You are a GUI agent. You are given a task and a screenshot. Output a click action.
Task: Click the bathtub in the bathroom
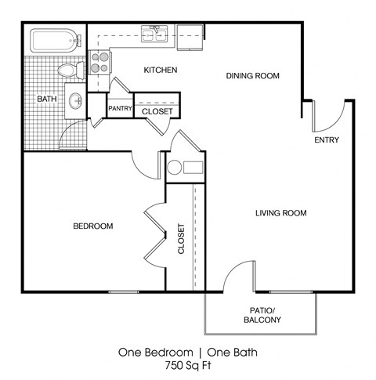54,40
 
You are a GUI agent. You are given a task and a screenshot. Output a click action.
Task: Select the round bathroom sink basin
76,101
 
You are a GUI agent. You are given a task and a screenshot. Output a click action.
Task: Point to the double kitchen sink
154,33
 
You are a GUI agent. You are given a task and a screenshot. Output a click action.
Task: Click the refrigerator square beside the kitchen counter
187,34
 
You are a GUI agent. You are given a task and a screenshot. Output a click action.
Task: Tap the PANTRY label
120,108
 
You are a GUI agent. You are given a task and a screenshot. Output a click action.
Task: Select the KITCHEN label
161,71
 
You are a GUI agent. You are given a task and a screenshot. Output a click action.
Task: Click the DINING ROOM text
253,75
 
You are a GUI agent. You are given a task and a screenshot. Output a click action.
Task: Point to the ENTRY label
326,141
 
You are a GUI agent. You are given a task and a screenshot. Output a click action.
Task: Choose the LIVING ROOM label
280,213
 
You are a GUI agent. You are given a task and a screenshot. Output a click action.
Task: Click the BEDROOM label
93,226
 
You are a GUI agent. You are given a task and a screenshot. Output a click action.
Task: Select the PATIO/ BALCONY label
260,315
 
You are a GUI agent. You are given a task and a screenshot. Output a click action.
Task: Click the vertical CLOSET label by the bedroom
182,240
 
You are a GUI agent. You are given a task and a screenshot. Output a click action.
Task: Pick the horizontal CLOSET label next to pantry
157,111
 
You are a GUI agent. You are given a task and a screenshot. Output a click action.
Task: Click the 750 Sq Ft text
187,366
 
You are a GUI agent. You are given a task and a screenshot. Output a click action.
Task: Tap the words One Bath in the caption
230,352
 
